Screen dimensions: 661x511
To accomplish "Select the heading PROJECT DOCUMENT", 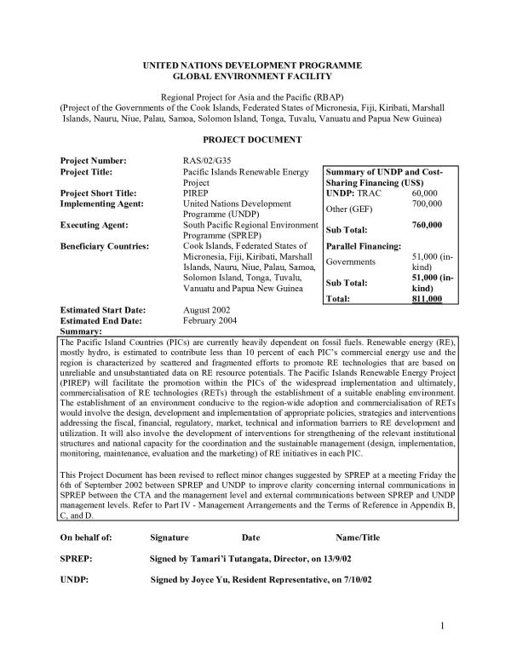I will (x=253, y=138).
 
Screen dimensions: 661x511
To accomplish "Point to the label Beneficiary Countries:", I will (x=104, y=248).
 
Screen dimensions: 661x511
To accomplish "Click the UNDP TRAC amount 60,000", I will (x=427, y=194).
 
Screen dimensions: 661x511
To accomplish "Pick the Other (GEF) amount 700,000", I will (x=428, y=204).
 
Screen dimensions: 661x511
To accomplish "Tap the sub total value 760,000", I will (x=428, y=225).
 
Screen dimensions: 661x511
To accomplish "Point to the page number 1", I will (x=445, y=628).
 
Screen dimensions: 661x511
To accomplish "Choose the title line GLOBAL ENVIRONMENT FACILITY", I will (x=253, y=77).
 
